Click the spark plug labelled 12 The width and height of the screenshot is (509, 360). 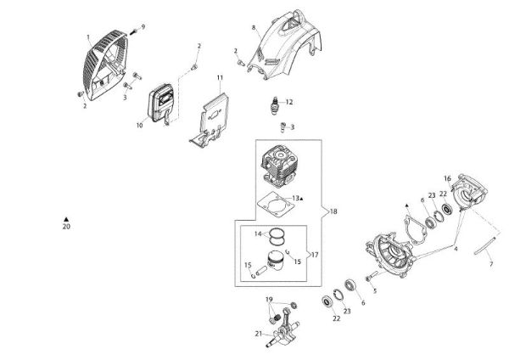tap(276, 105)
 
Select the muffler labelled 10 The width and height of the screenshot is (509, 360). tap(161, 104)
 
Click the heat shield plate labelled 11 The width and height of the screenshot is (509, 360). tap(210, 121)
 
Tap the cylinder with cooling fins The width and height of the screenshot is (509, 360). tap(279, 166)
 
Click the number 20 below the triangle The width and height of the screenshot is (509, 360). tap(66, 227)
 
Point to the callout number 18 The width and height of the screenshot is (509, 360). tap(333, 211)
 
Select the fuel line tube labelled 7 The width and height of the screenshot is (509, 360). tap(485, 245)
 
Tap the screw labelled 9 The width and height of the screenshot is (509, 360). tap(133, 32)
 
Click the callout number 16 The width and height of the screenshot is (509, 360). tap(447, 178)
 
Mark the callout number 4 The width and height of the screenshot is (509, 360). tap(456, 249)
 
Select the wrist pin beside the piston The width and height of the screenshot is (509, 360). tap(261, 271)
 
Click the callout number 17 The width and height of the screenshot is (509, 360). tap(315, 255)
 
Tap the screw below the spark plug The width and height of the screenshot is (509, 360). tap(282, 127)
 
